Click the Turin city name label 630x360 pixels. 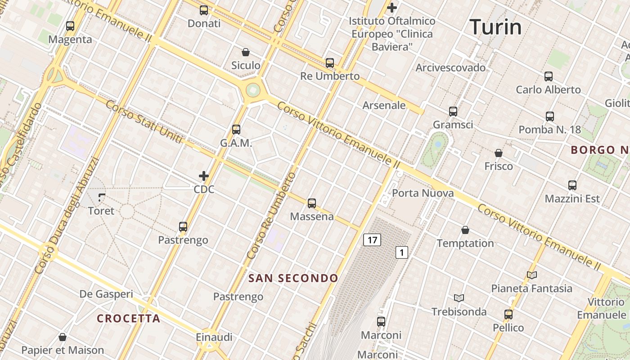coord(495,27)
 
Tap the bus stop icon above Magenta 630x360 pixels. coord(70,26)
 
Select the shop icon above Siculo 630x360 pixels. coord(246,52)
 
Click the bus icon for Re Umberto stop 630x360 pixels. coord(330,63)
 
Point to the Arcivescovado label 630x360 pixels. coord(450,67)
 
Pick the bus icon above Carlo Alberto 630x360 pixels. coord(548,76)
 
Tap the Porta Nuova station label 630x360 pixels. coord(423,193)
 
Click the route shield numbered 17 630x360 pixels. coord(372,240)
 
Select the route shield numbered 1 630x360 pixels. coord(401,252)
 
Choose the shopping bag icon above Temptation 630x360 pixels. coord(465,230)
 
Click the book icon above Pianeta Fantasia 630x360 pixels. coord(532,275)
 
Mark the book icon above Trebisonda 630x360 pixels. coord(459,298)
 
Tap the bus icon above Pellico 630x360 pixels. coord(508,315)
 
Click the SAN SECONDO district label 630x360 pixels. coord(293,278)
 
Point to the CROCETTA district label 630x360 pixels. coord(129,319)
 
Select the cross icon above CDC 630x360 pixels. coord(204,176)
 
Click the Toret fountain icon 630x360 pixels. coord(101,197)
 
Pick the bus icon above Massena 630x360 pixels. coord(312,203)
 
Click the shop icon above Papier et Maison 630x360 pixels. coord(63,337)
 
